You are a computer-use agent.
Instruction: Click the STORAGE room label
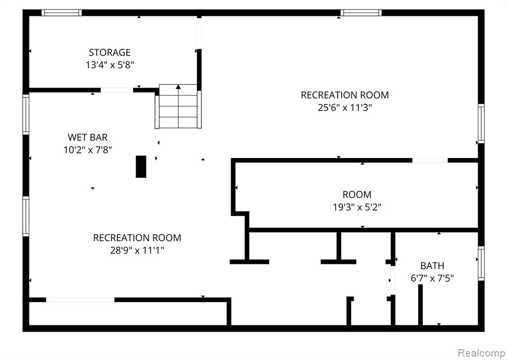109,52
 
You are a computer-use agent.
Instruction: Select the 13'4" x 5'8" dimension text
109,65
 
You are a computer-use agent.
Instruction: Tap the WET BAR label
88,137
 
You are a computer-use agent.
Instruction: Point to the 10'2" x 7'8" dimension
88,150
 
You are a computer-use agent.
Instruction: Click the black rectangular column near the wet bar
141,166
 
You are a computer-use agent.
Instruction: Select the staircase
178,106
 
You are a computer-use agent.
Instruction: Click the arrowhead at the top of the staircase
178,87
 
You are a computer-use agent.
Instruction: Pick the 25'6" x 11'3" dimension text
345,107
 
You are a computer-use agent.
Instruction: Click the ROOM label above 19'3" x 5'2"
357,195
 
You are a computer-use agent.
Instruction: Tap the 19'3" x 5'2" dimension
357,207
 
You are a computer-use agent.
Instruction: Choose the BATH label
432,265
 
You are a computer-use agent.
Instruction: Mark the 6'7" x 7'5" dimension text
432,278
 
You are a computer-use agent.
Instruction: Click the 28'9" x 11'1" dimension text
137,250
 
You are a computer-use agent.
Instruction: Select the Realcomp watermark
482,352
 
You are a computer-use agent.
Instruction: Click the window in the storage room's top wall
61,12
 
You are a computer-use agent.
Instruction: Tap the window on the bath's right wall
481,263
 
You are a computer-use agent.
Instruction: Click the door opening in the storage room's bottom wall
117,90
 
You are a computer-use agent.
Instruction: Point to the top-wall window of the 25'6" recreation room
361,12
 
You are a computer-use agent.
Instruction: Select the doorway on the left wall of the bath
393,280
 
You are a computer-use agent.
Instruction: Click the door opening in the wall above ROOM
430,160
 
